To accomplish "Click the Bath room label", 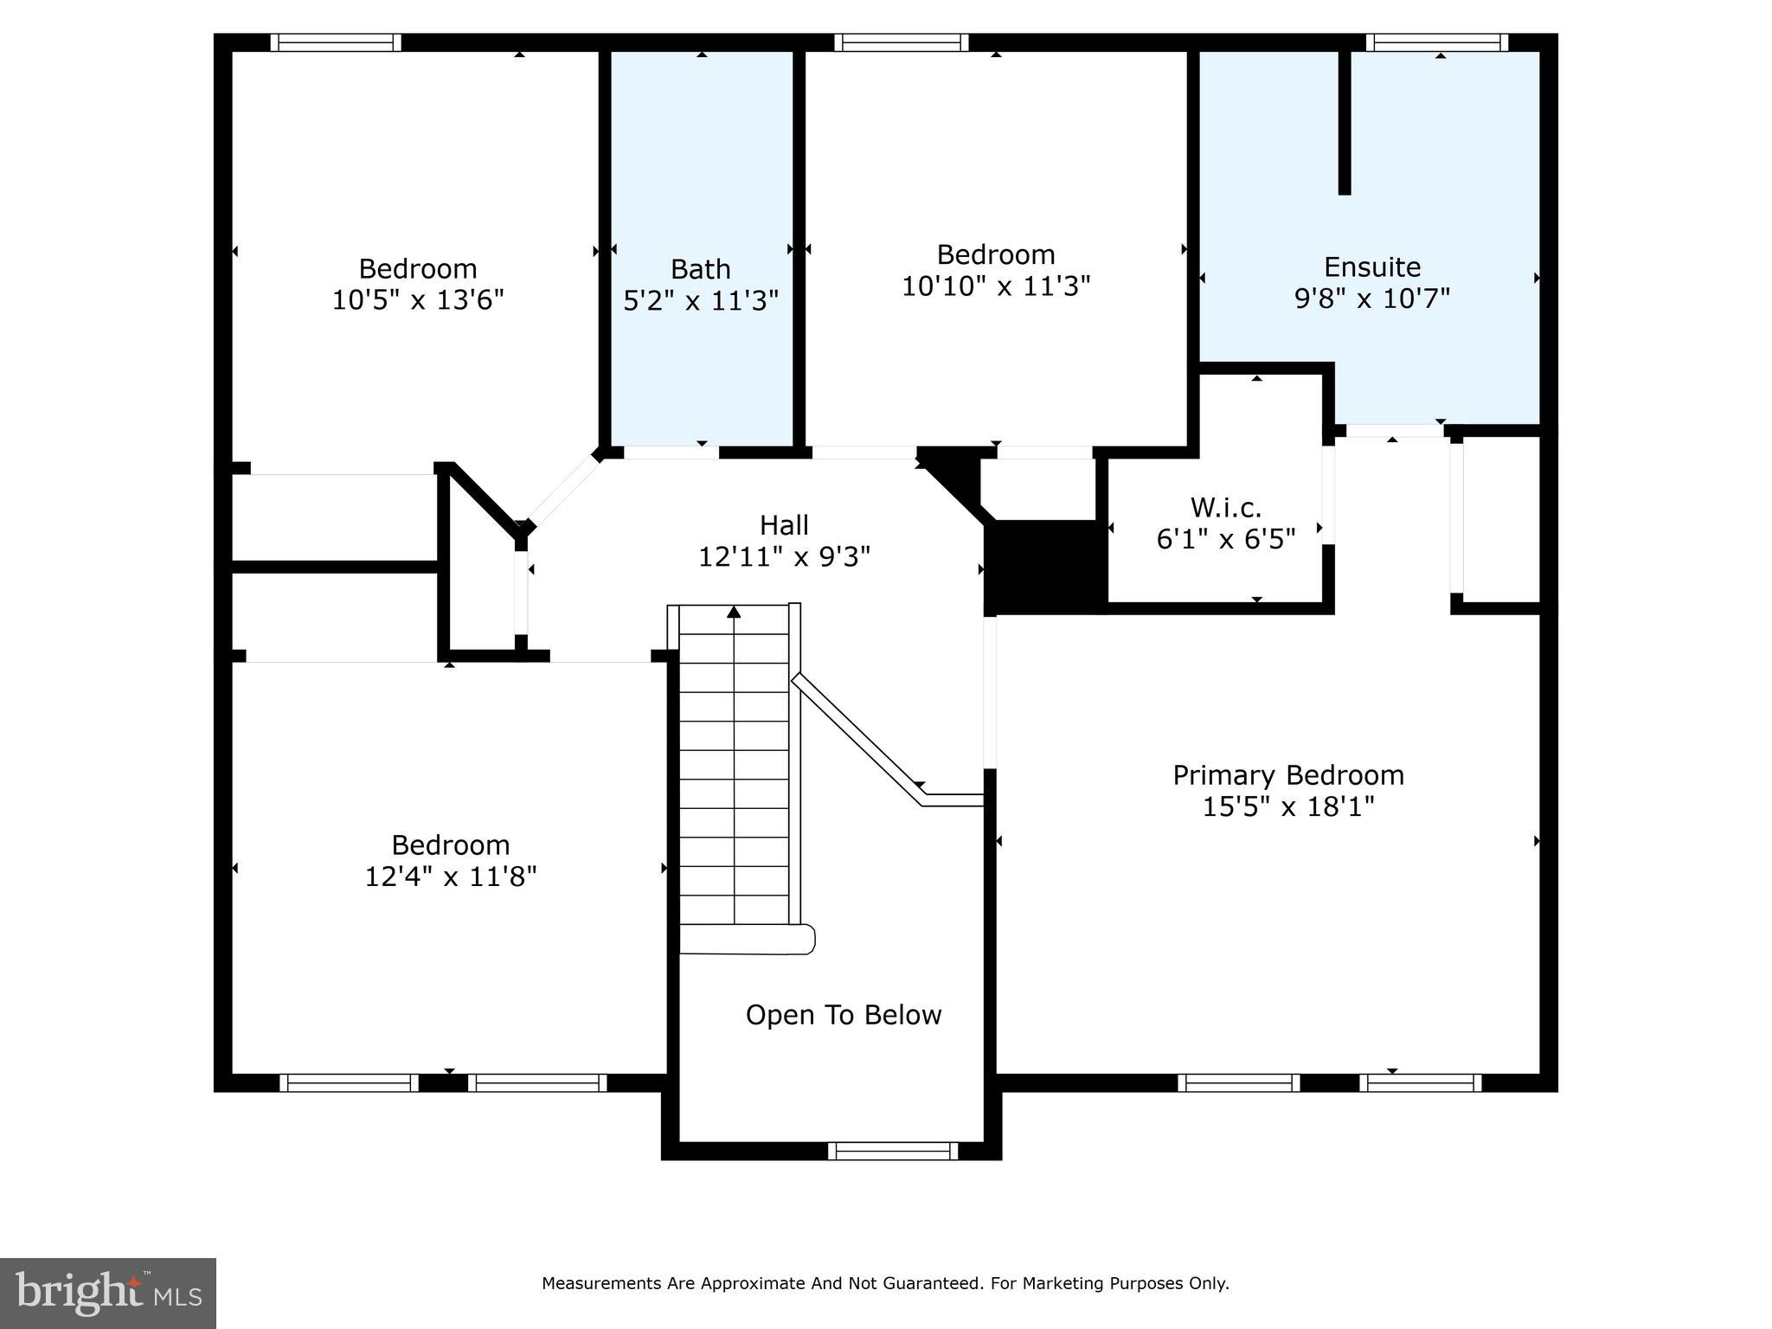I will coord(700,269).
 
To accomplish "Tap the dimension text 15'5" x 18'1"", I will coord(1287,807).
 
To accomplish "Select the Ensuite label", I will coord(1371,266).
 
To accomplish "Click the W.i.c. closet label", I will coord(1225,507).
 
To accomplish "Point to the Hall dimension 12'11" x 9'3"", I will coord(784,556).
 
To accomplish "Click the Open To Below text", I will coord(843,1015).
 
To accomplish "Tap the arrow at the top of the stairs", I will coord(734,613).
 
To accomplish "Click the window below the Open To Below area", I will coord(892,1151).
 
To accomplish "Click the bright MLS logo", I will coord(107,1293).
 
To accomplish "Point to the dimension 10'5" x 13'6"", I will coord(418,300).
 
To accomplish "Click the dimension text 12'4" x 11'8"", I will coord(450,877).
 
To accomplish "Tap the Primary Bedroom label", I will coord(1287,775).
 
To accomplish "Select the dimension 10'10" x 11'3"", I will coord(995,286).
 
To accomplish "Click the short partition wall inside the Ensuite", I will coord(1344,121).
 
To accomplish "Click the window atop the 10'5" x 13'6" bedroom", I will coord(336,42).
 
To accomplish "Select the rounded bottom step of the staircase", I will coord(746,940).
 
